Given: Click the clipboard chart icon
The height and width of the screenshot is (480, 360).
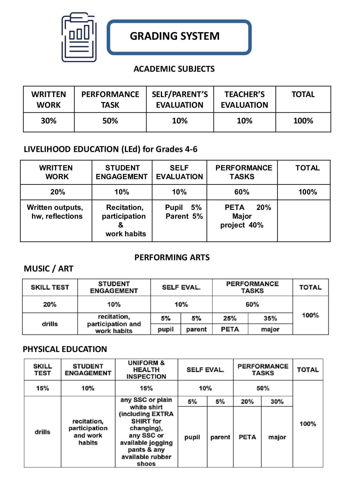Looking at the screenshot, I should point(79,37).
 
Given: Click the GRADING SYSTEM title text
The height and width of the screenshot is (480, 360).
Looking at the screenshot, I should point(175,36).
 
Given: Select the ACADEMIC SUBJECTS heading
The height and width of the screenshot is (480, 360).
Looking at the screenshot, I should point(174,69).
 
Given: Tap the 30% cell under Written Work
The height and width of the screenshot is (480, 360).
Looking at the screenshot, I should point(49,121).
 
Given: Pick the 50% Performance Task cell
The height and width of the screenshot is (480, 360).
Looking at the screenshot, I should point(110,121).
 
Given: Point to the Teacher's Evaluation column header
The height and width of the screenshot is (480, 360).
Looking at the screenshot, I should point(244,99).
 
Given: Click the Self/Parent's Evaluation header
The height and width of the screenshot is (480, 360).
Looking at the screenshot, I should point(180,99).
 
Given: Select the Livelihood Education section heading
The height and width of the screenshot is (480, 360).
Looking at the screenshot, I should point(110,149).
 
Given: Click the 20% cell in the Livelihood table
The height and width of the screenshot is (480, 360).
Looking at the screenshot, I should point(58,192).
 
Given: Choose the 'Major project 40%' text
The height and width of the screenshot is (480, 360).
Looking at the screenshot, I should point(242,221).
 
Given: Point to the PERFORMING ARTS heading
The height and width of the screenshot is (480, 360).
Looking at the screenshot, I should point(172,258).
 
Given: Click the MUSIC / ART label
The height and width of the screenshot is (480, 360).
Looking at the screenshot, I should point(49,269).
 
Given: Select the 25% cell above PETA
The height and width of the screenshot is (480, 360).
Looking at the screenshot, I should point(230,318).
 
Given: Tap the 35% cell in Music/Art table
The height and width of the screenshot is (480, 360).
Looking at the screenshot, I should point(270,318).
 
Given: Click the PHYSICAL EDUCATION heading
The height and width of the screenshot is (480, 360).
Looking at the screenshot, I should point(65,349).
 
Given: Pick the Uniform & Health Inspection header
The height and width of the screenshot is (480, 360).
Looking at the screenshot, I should point(146,370).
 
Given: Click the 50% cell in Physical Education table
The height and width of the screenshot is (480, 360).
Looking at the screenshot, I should point(263,388).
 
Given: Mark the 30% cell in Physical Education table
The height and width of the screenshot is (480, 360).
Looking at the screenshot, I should point(277,402).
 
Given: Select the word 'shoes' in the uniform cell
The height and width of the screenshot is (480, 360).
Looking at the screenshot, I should point(146,464).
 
